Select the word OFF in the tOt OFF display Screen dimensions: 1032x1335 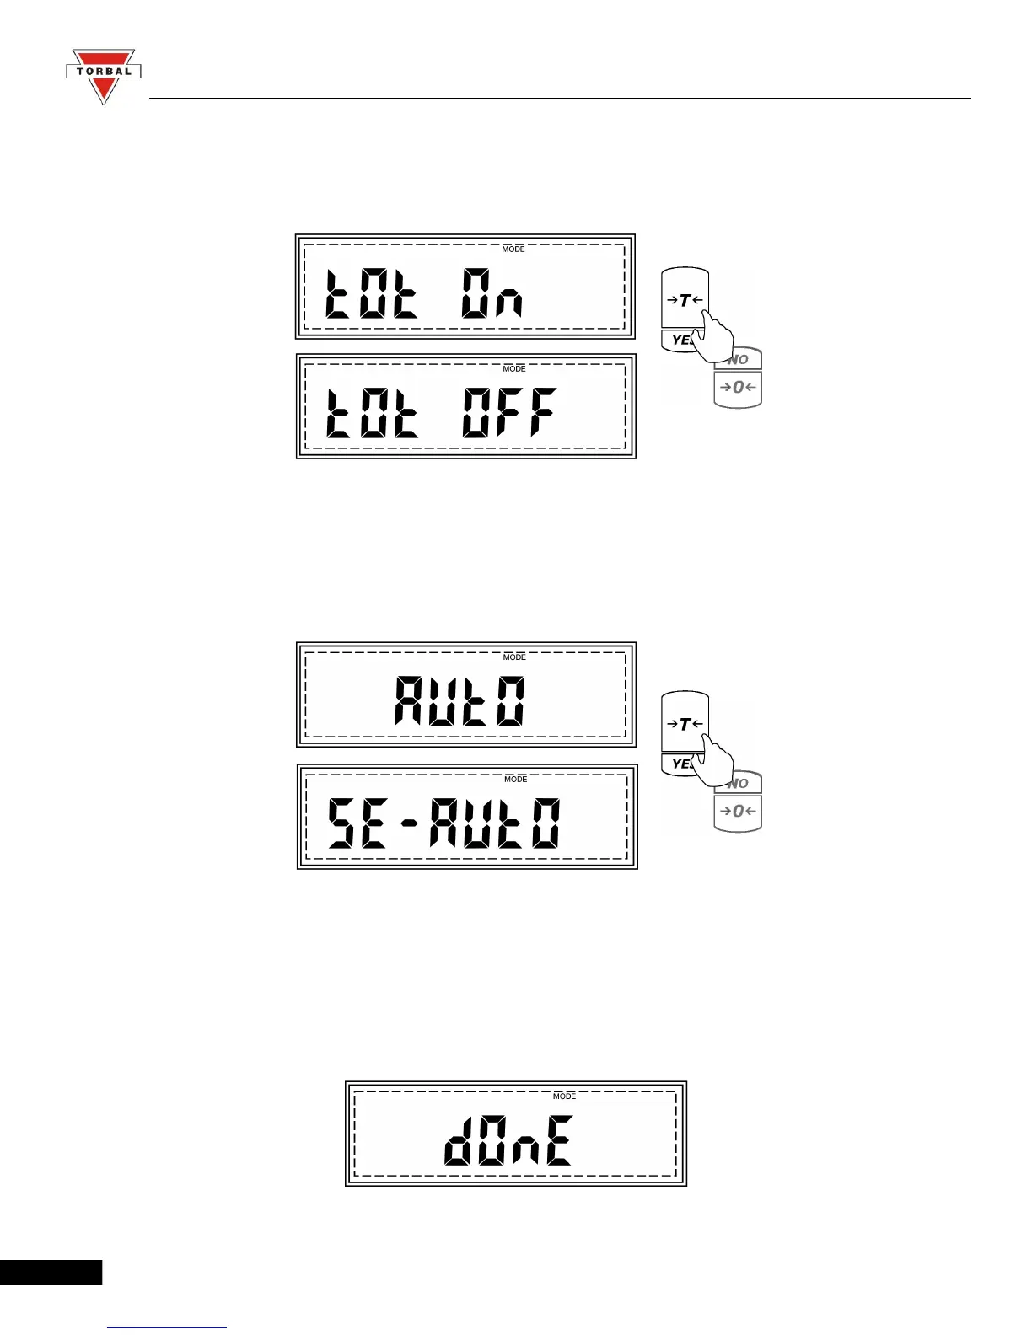click(x=509, y=413)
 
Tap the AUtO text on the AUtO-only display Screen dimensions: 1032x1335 click(x=460, y=701)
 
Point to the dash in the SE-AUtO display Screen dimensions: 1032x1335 click(x=410, y=823)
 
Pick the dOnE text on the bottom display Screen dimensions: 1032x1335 click(x=509, y=1140)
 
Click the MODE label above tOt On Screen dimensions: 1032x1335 click(x=513, y=249)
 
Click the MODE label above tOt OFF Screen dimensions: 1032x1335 click(x=514, y=369)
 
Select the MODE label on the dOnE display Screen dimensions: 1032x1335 click(x=565, y=1096)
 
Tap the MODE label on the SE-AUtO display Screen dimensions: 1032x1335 click(x=516, y=780)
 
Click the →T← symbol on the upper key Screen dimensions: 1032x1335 click(x=684, y=300)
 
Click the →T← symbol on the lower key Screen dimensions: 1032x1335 click(x=684, y=724)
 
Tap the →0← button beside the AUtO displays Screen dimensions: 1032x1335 click(x=738, y=812)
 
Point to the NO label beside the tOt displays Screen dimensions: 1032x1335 click(x=739, y=360)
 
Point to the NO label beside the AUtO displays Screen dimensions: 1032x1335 click(x=739, y=784)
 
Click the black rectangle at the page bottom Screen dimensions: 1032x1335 click(x=51, y=1272)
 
